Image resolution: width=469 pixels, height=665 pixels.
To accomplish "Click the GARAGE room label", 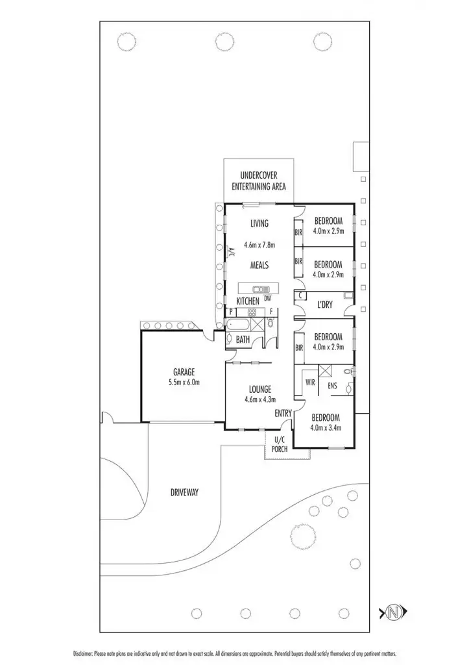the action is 184,372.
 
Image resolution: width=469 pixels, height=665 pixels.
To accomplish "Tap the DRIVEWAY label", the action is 185,492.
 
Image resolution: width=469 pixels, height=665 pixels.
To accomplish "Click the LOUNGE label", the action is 259,389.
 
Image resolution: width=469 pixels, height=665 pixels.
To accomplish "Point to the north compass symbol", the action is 393,611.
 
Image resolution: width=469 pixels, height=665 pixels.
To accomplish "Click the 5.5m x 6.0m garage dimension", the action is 184,383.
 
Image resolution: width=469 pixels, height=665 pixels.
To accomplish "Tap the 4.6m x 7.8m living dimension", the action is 259,245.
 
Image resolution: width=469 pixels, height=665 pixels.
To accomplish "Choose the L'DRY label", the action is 325,305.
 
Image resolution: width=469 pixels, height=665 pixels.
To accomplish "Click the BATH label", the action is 243,339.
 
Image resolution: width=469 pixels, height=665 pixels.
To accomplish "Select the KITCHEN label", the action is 248,301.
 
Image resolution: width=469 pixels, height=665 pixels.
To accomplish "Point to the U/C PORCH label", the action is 280,445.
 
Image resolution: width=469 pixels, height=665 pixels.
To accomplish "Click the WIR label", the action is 310,383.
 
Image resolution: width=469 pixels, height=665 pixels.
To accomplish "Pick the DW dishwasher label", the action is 267,297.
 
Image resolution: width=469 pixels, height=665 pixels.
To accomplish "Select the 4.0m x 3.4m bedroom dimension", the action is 326,427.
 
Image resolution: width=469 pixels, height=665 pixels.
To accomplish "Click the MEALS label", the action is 259,265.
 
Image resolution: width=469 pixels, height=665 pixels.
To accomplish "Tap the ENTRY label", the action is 283,413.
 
